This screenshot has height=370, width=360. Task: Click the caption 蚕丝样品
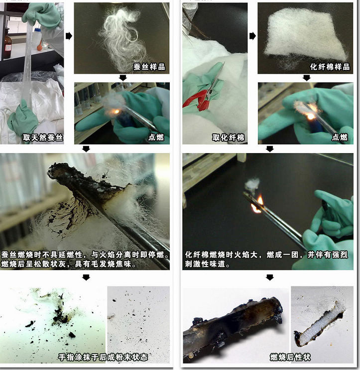click(149, 67)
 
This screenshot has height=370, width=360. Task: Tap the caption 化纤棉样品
click(330, 67)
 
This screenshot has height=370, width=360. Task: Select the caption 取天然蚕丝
click(43, 137)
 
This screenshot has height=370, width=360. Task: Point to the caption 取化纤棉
click(228, 137)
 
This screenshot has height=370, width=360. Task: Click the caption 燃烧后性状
click(290, 357)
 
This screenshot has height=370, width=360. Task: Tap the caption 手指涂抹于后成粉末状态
click(103, 357)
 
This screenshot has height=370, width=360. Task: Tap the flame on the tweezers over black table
click(257, 204)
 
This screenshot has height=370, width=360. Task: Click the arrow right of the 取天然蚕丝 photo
click(69, 36)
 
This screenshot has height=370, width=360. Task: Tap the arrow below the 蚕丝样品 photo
click(123, 78)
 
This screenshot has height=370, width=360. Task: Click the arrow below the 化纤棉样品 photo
click(306, 78)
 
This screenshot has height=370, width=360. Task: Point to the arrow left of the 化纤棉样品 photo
click(252, 36)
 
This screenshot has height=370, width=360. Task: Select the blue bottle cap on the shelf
click(38, 30)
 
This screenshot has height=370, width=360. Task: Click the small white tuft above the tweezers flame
click(252, 185)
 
